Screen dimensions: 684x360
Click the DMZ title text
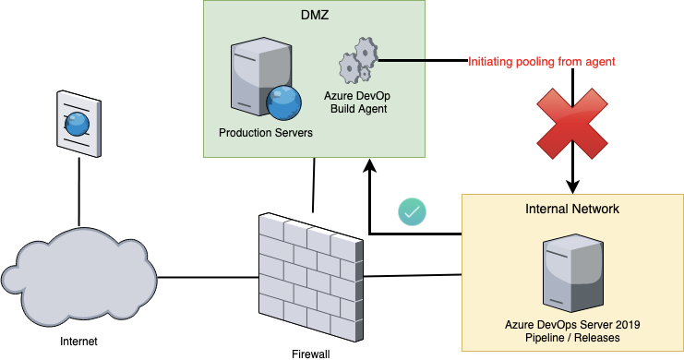tap(315, 16)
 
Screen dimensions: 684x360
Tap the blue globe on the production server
tap(283, 103)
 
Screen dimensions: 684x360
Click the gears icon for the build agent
tap(358, 61)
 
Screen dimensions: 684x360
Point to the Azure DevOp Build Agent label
tap(358, 102)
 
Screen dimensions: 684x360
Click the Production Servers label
tap(266, 133)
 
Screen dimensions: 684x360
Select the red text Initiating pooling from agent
tap(541, 62)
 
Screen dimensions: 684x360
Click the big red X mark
tap(572, 124)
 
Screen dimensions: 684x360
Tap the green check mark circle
tap(412, 212)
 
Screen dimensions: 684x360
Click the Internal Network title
tap(572, 209)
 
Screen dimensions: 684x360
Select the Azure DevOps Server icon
tap(572, 272)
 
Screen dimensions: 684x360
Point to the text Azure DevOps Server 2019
tap(572, 325)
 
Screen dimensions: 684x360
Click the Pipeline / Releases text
tap(572, 338)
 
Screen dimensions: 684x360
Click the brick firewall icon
tap(310, 277)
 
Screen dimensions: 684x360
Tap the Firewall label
tap(310, 354)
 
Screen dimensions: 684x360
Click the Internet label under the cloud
tap(79, 342)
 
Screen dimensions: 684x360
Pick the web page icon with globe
tap(79, 124)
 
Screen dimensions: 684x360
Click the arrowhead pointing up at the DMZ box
tap(370, 165)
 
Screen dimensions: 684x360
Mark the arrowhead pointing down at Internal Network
tap(572, 186)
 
